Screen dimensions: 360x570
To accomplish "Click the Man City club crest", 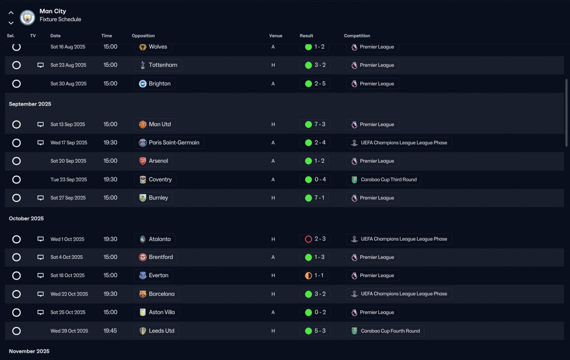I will point(28,17).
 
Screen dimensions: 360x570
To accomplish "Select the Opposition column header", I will point(143,36).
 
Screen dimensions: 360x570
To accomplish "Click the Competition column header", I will point(357,36).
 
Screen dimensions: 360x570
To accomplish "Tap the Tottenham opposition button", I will point(158,65).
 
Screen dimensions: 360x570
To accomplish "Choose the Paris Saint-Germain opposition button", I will point(169,143).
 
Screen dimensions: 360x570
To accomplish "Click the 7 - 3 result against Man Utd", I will point(315,124).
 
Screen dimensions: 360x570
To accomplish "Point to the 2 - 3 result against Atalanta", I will point(315,239).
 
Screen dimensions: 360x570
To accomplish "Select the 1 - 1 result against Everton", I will point(314,275).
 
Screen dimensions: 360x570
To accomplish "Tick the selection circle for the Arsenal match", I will point(16,161).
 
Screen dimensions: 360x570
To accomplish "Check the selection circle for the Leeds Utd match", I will point(16,331).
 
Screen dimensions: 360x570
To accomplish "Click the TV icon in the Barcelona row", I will point(41,294).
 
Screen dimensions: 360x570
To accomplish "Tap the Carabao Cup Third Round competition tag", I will point(383,180).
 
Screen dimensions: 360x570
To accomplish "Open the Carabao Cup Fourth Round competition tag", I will point(385,331).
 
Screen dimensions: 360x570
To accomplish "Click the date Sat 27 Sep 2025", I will point(68,198).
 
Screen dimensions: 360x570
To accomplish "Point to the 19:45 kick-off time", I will point(110,331).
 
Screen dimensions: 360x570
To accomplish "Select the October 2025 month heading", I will point(26,218).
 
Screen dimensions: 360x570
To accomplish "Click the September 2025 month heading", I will point(30,104).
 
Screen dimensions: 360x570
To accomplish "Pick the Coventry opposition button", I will point(155,180).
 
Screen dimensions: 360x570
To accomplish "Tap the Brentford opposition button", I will point(156,257).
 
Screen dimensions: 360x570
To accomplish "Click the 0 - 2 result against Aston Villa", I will point(315,312).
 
